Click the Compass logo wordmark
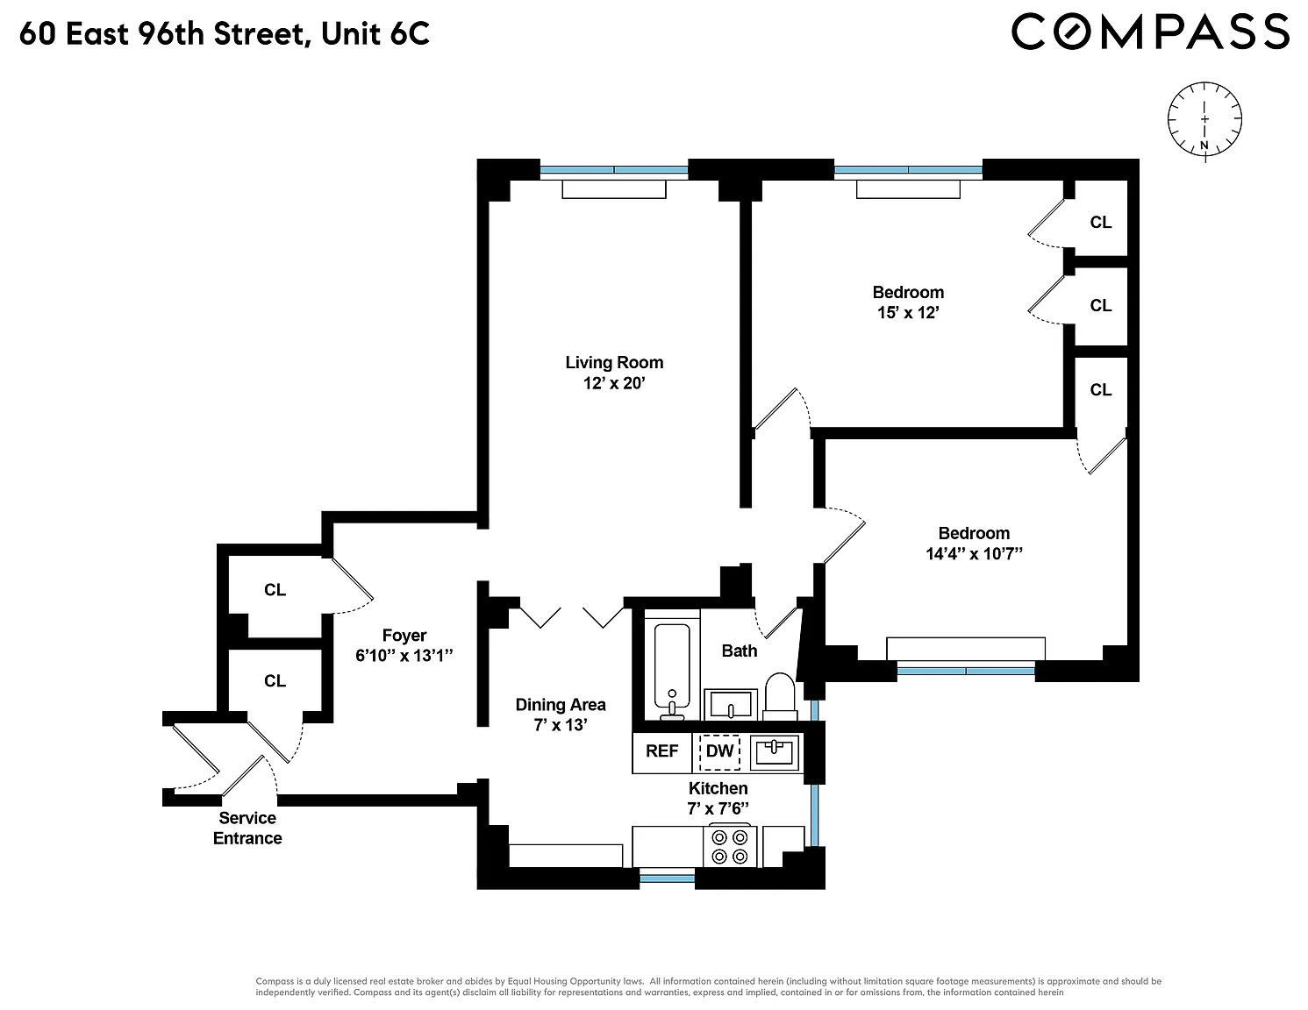click(x=1150, y=32)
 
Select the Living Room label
click(x=614, y=363)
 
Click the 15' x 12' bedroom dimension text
click(x=908, y=313)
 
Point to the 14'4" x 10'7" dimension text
click(x=974, y=553)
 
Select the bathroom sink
click(x=731, y=704)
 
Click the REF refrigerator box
click(x=662, y=751)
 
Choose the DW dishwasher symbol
click(x=720, y=752)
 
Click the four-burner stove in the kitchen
click(x=730, y=846)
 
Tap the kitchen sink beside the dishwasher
click(x=774, y=752)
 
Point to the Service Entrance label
click(x=247, y=829)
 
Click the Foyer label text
click(x=404, y=636)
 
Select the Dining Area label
click(x=561, y=705)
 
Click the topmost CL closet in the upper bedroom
click(x=1101, y=223)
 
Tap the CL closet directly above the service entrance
click(x=275, y=681)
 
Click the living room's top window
click(x=614, y=170)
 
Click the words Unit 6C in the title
click(x=375, y=33)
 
